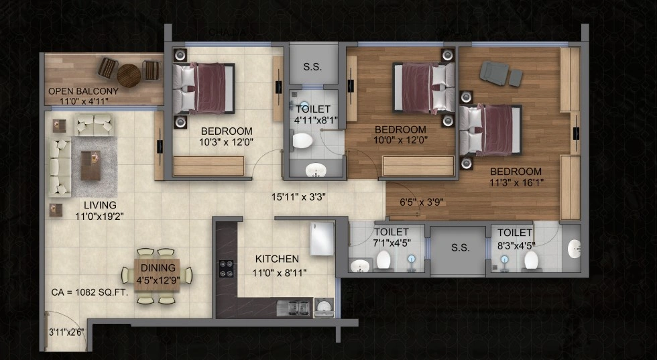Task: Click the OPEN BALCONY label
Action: (83, 91)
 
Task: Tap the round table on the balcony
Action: (129, 76)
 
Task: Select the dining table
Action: (157, 274)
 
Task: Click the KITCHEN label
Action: (277, 259)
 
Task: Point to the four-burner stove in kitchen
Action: (227, 269)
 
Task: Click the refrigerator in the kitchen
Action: (322, 239)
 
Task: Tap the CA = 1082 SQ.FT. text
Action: (90, 292)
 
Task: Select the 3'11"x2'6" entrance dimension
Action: (66, 333)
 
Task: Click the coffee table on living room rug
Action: (91, 165)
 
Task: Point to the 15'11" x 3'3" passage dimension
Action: (299, 197)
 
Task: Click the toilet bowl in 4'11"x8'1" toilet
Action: (302, 140)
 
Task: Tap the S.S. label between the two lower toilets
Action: (461, 247)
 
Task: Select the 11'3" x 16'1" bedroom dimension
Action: (517, 183)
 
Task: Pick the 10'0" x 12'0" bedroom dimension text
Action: (401, 140)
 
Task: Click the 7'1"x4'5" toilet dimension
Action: (392, 243)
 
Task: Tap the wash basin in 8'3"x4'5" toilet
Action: (575, 249)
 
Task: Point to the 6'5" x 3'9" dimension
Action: (422, 202)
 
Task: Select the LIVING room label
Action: (100, 205)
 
